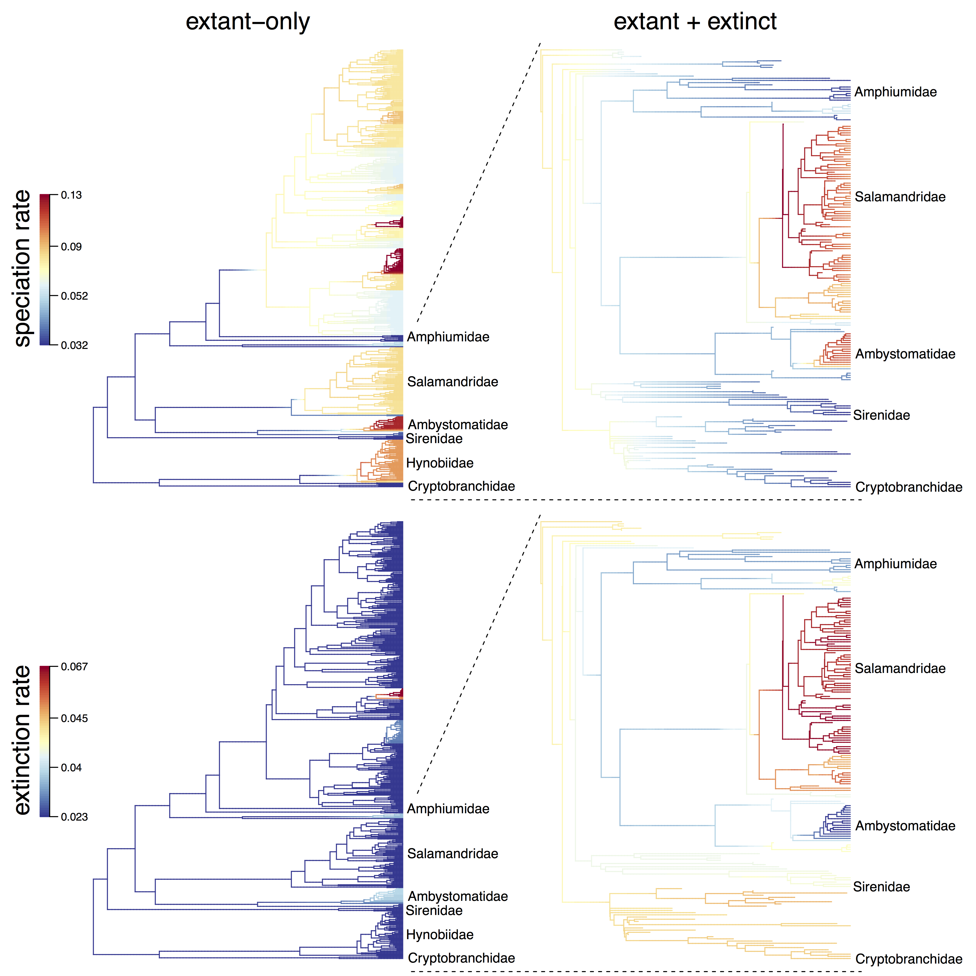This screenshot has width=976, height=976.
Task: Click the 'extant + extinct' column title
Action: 695,22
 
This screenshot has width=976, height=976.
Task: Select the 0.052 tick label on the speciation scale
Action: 74,296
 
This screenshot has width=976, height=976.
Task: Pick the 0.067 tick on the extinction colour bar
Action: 74,667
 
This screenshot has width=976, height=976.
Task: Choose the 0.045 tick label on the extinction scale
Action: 74,718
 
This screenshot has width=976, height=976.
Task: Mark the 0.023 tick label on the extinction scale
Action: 74,817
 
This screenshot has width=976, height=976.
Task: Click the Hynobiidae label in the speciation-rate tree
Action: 439,463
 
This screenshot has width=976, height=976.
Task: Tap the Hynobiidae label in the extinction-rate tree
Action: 439,935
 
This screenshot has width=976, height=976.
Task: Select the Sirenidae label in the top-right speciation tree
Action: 882,415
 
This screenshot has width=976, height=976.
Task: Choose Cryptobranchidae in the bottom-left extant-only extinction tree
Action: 461,958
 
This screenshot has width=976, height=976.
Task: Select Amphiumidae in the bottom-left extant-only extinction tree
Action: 448,809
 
